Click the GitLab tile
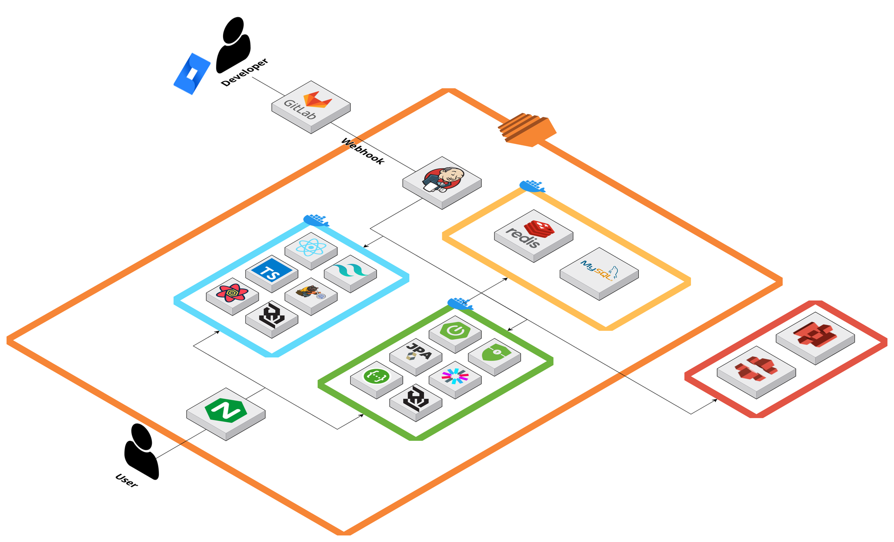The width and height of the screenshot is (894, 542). coord(311,105)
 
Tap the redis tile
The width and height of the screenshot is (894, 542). coord(533,233)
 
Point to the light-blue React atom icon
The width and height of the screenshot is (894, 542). coord(311,247)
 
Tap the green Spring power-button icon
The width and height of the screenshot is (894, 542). coord(455,331)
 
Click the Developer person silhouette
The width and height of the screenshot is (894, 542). coord(233,45)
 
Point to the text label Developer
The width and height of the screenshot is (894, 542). coord(245,72)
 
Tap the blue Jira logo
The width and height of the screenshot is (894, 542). coord(192,74)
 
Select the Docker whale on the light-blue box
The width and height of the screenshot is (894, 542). coord(316,220)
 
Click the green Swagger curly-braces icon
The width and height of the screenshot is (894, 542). coord(376,376)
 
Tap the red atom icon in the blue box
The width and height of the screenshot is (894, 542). coord(232,293)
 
